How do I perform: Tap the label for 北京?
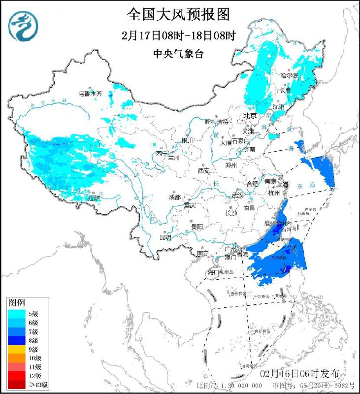[x=250, y=116]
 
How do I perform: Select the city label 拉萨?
[x=94, y=198]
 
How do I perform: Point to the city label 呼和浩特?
[x=217, y=122]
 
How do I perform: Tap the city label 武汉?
[x=237, y=195]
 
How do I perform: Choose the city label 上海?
[x=283, y=185]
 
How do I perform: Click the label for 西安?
[x=204, y=170]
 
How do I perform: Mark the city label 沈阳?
[x=278, y=107]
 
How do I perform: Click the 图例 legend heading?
[x=17, y=302]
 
